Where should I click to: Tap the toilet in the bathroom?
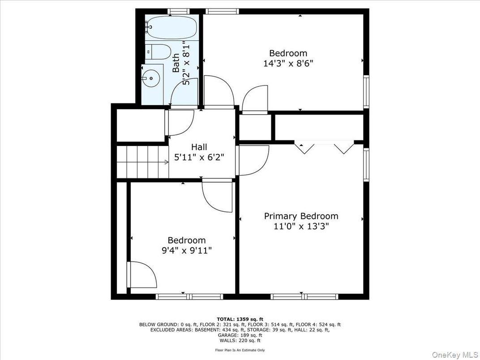click(157, 52)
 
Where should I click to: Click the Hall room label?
click(199, 146)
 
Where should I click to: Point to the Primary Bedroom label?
click(301, 216)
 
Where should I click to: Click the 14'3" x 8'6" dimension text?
click(288, 64)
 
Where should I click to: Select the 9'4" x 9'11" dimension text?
click(187, 251)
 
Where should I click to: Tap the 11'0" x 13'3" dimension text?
click(301, 227)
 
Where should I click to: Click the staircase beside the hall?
click(143, 162)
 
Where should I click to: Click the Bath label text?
click(176, 63)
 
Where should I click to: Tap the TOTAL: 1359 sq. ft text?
click(240, 319)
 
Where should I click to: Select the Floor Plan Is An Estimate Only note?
click(240, 350)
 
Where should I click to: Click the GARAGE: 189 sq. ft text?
click(240, 335)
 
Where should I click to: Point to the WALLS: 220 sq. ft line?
click(240, 340)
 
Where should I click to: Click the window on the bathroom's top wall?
click(179, 12)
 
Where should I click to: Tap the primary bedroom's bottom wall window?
click(304, 296)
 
